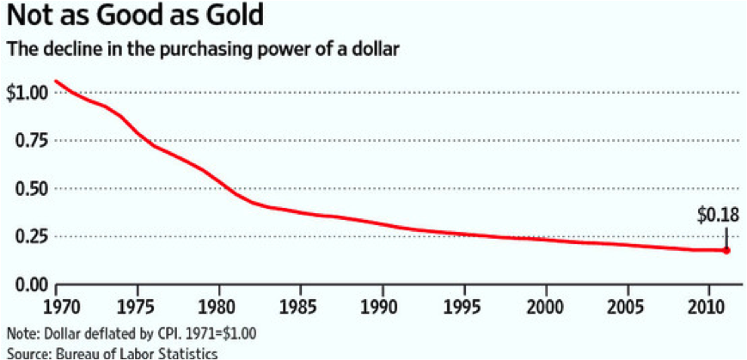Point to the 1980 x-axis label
point(219,307)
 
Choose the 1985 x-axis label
point(301,307)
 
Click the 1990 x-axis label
point(383,307)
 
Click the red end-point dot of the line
point(726,250)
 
